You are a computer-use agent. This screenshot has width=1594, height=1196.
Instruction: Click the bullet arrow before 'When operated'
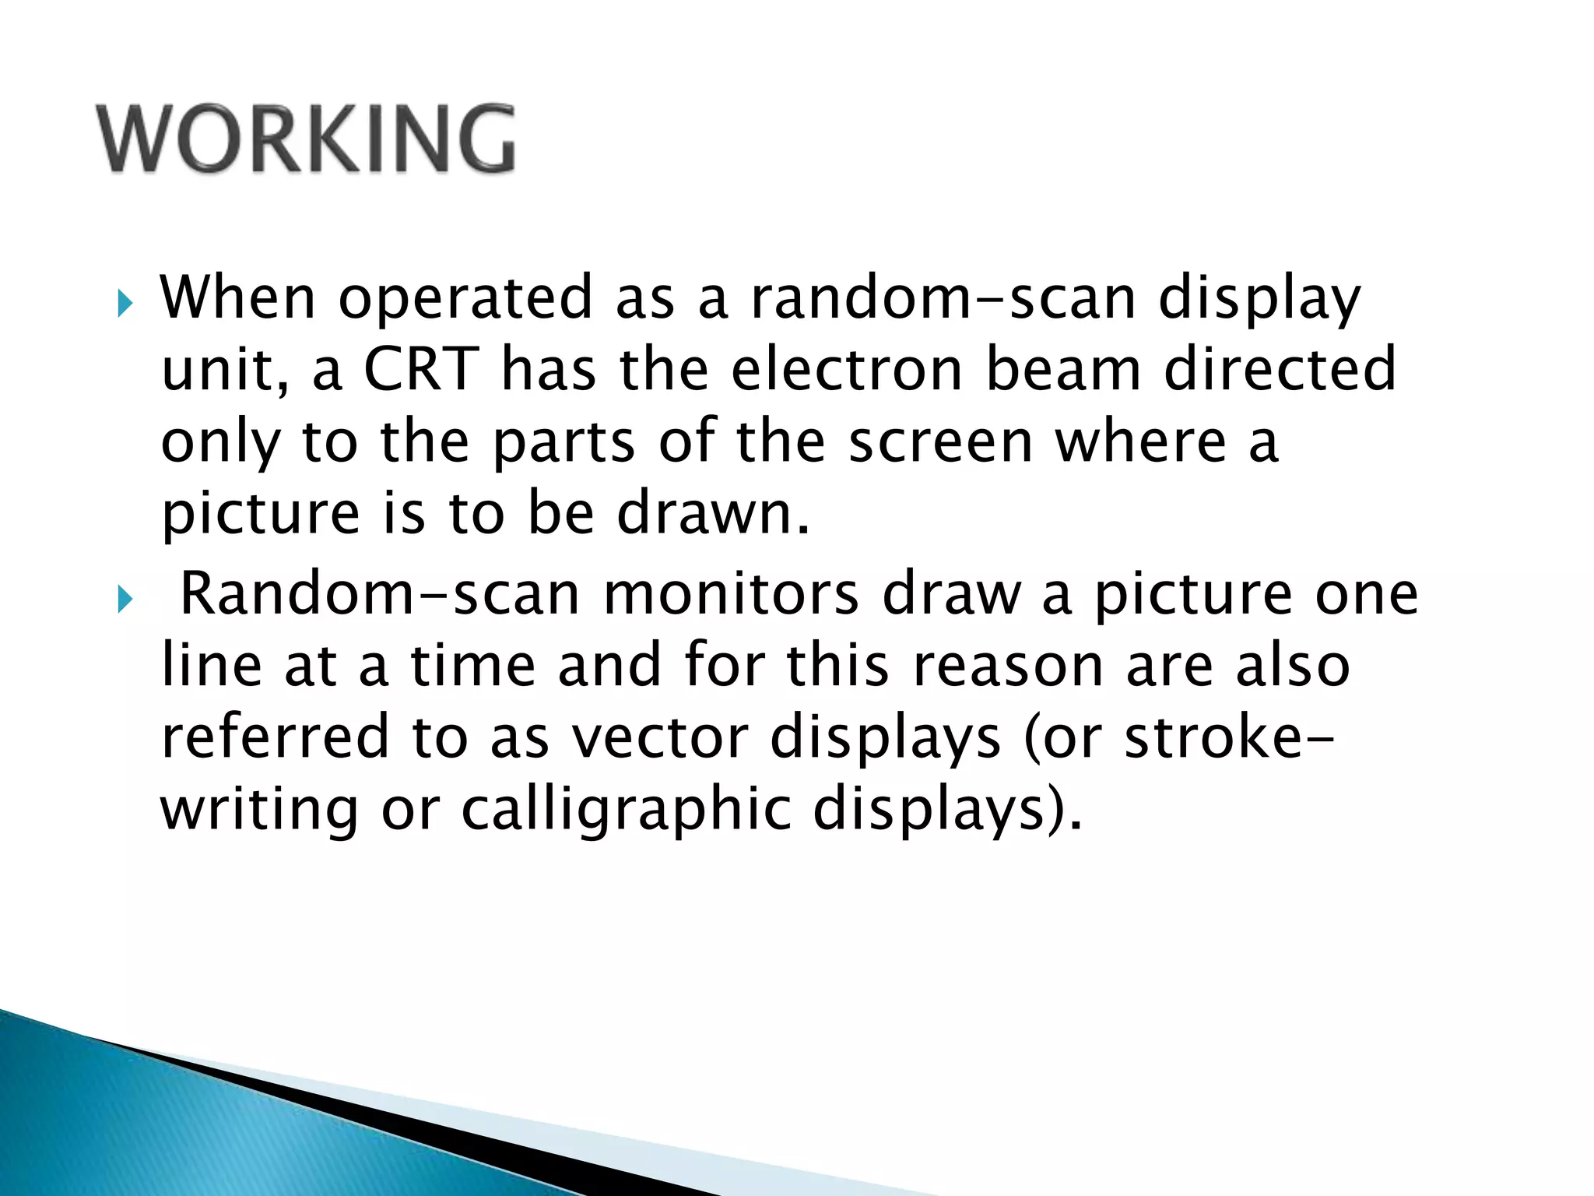(x=125, y=304)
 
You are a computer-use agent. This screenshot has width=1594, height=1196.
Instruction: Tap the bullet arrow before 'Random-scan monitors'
(x=125, y=600)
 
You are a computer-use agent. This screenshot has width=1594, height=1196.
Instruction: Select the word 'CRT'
(x=421, y=369)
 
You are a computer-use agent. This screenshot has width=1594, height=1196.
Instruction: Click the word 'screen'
(x=940, y=441)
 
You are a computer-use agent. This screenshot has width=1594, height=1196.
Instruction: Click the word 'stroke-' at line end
(x=1230, y=737)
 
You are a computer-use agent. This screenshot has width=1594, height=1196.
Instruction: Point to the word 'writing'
(x=259, y=810)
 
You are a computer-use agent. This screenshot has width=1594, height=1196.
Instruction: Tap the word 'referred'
(x=275, y=737)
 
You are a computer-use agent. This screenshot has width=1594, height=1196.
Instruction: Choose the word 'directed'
(x=1280, y=369)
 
